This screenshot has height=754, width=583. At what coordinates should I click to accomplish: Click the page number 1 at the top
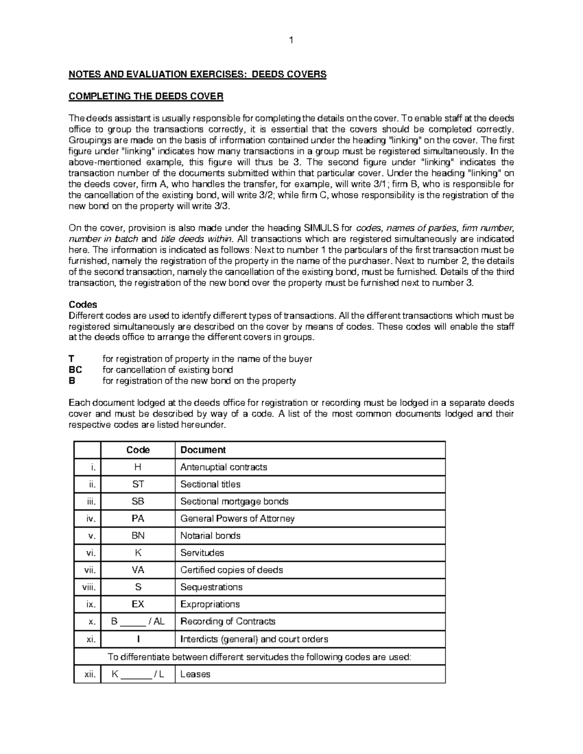pyautogui.click(x=291, y=41)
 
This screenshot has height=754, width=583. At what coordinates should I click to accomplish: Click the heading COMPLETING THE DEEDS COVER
pyautogui.click(x=146, y=97)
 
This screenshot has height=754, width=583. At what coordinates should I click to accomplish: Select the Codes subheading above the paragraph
pyautogui.click(x=83, y=305)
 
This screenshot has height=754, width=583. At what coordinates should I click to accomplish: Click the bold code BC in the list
pyautogui.click(x=76, y=370)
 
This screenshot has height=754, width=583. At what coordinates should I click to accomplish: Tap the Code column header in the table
pyautogui.click(x=138, y=450)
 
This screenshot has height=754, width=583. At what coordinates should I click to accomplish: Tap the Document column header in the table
pyautogui.click(x=203, y=450)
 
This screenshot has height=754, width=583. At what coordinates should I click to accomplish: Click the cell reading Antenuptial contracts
pyautogui.click(x=223, y=467)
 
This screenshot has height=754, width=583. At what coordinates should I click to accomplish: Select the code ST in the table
pyautogui.click(x=138, y=484)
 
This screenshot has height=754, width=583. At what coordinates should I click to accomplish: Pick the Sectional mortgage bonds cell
pyautogui.click(x=234, y=501)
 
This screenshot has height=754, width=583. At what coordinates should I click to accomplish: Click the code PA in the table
pyautogui.click(x=138, y=519)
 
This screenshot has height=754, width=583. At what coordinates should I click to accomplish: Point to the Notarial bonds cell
pyautogui.click(x=210, y=536)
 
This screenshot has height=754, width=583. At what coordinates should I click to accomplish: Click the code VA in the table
pyautogui.click(x=138, y=570)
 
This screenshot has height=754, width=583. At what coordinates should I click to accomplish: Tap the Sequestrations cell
pyautogui.click(x=211, y=587)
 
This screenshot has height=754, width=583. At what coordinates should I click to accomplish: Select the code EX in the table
pyautogui.click(x=138, y=604)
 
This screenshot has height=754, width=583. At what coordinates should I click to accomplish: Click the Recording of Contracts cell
pyautogui.click(x=227, y=621)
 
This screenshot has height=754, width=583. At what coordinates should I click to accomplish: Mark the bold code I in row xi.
pyautogui.click(x=138, y=639)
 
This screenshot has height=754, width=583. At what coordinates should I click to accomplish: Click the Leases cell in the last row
pyautogui.click(x=195, y=674)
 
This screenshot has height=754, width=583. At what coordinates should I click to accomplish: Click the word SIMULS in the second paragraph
pyautogui.click(x=322, y=228)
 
